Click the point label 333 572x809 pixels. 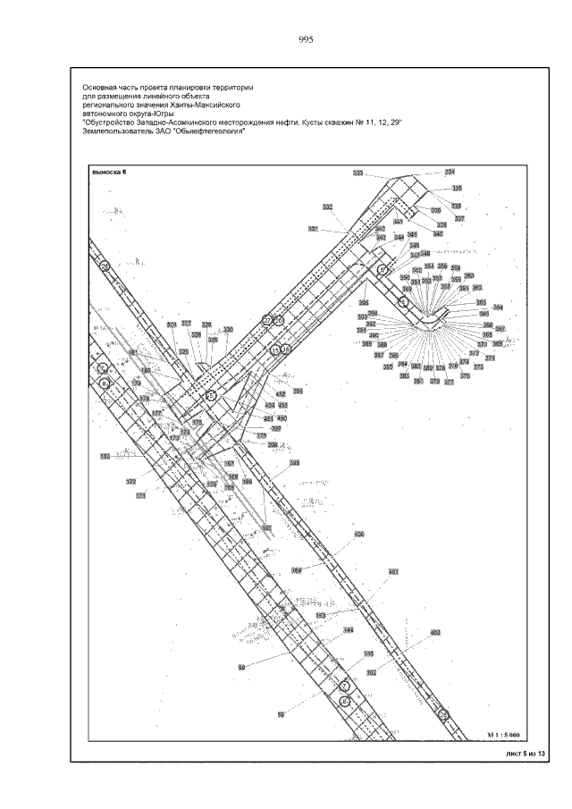358,173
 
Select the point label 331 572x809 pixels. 450,172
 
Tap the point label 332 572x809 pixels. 328,206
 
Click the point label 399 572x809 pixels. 294,462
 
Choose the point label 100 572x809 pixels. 105,457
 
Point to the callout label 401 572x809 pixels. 393,571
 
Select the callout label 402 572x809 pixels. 435,632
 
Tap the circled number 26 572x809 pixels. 105,265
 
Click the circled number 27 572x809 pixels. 266,319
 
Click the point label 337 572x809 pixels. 459,218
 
